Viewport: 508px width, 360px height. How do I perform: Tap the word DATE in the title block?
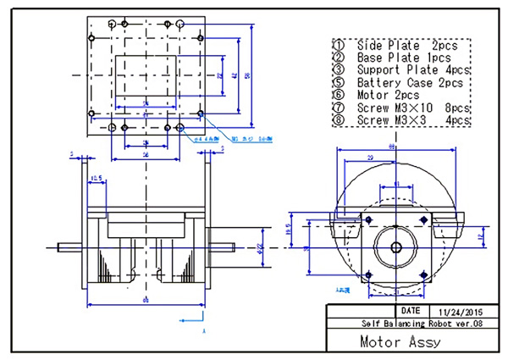pos(412,311)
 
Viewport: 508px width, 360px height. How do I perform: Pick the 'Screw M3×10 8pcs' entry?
pos(406,108)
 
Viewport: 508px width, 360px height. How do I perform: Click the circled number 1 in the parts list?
pos(339,44)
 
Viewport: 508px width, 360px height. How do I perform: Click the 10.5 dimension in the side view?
pos(96,179)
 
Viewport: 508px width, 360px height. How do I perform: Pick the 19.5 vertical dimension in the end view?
pos(289,230)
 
